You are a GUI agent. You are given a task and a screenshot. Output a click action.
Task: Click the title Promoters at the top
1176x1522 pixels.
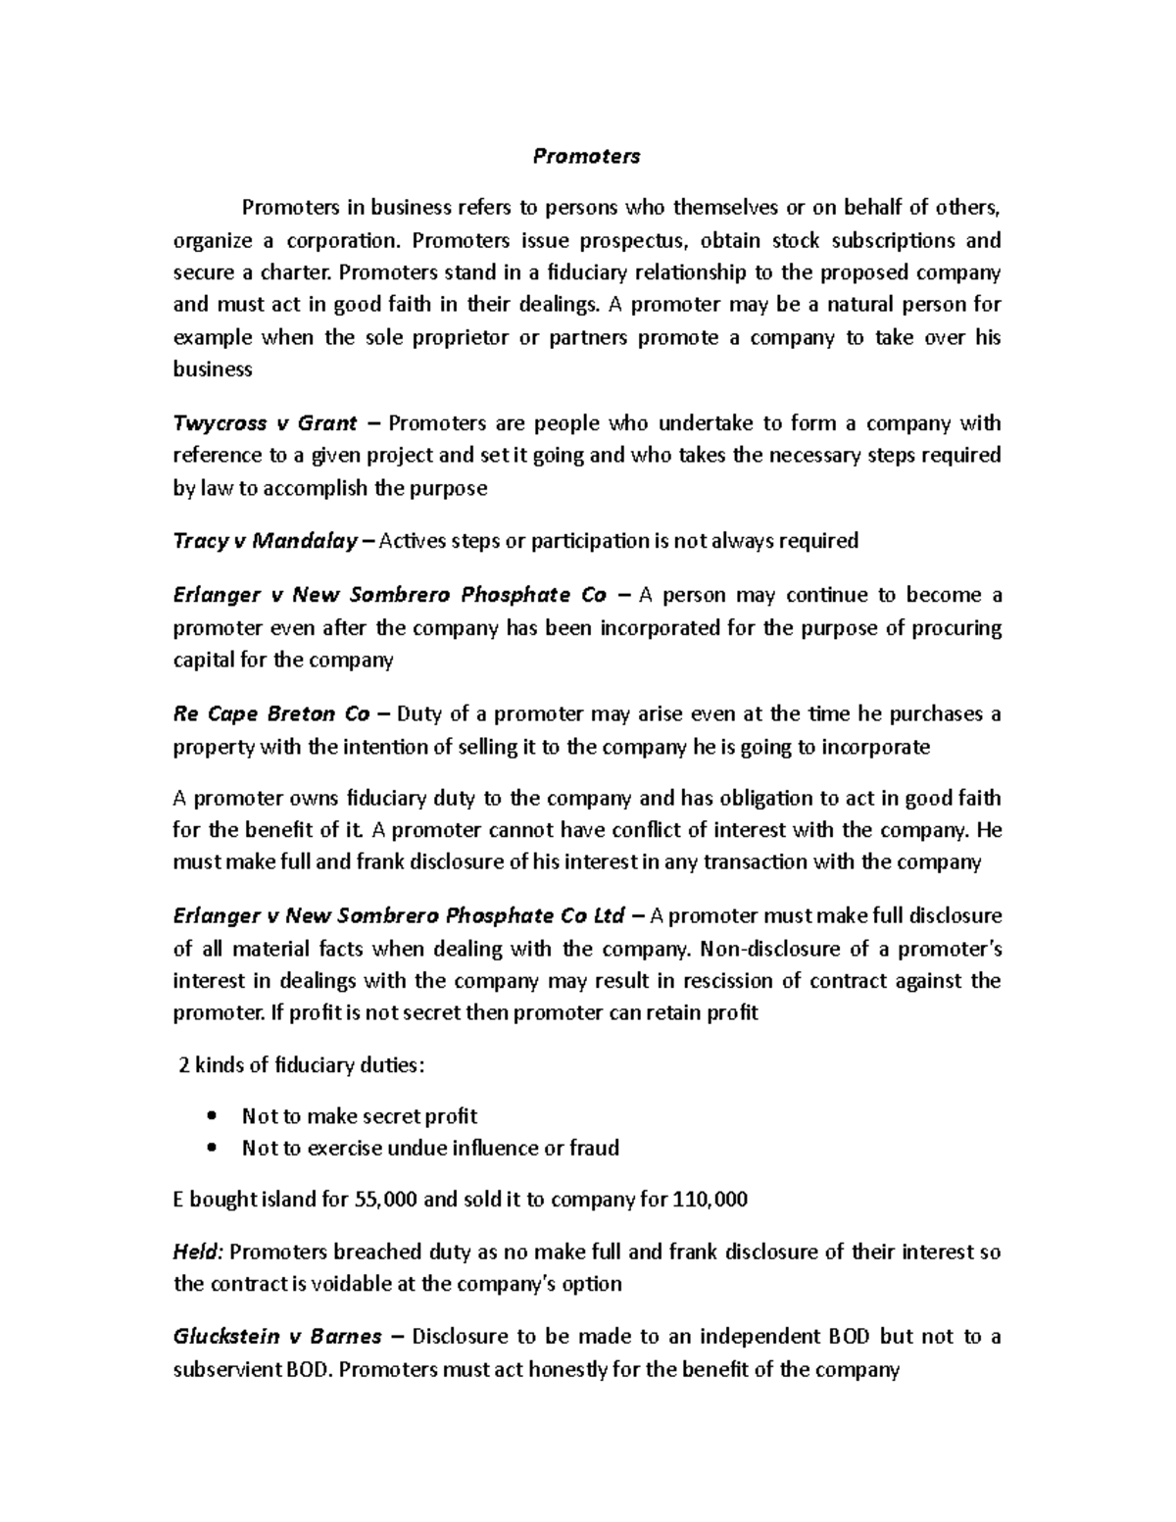tap(586, 156)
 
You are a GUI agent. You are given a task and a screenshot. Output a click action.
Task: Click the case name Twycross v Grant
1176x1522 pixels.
tap(265, 423)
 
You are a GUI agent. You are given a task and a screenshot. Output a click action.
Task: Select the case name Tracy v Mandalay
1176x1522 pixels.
tap(265, 541)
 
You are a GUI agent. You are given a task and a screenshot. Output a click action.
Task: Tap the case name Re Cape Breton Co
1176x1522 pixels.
tap(271, 713)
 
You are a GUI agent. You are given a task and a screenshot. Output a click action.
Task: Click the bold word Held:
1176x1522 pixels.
tap(199, 1252)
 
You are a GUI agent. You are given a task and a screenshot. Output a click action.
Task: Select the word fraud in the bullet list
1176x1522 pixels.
tap(594, 1148)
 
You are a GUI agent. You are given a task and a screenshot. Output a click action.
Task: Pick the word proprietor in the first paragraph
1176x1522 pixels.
tap(453, 338)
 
